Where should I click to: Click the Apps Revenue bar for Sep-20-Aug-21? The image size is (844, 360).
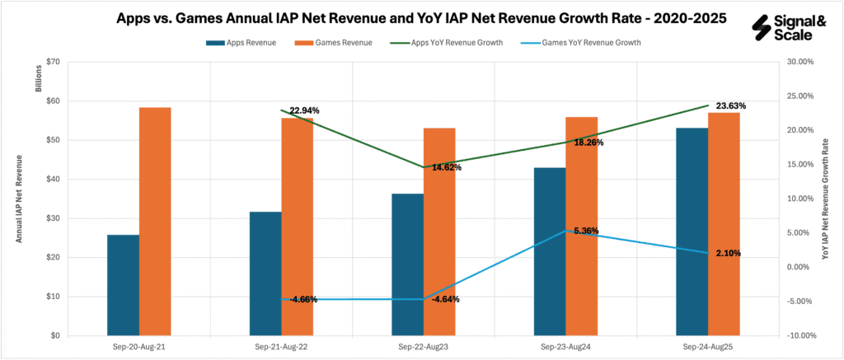(x=123, y=285)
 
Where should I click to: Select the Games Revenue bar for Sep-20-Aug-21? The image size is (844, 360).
(x=155, y=222)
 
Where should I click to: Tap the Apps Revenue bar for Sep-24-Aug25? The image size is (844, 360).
(x=692, y=231)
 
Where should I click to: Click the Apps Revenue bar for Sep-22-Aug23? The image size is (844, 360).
(x=407, y=264)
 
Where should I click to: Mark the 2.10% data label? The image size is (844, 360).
(x=724, y=253)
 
